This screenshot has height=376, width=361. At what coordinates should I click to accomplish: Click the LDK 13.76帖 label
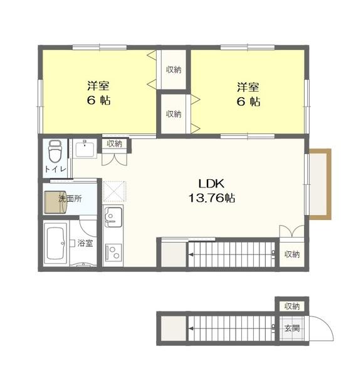coord(212,191)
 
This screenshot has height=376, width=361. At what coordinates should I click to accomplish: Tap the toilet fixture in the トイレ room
coord(55,152)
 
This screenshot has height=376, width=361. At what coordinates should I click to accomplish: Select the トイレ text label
coord(55,169)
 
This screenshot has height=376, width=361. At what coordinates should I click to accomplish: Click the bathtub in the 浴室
coord(56,243)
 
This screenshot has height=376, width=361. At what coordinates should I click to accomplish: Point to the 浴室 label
coord(85,243)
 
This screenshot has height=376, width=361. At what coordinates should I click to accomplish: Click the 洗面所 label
coord(70,199)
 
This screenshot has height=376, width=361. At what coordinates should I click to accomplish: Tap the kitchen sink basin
coord(113,217)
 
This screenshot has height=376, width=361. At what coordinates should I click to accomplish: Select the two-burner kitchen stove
coord(113,253)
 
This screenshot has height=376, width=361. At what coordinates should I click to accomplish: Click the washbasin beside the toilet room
coord(85,149)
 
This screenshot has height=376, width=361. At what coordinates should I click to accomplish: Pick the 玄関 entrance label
coord(292,328)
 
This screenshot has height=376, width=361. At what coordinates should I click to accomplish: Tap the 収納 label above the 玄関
coord(292,306)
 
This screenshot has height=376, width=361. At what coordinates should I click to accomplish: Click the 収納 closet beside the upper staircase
coord(292,254)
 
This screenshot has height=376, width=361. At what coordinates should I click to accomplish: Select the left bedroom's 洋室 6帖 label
coord(98,93)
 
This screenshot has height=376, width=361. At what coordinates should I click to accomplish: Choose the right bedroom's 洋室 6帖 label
coord(249,94)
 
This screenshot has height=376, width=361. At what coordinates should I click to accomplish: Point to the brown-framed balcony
coord(320,184)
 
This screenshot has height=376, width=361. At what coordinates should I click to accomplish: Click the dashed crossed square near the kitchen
coord(115,191)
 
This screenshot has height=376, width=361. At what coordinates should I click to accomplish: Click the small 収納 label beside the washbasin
coord(115,144)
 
